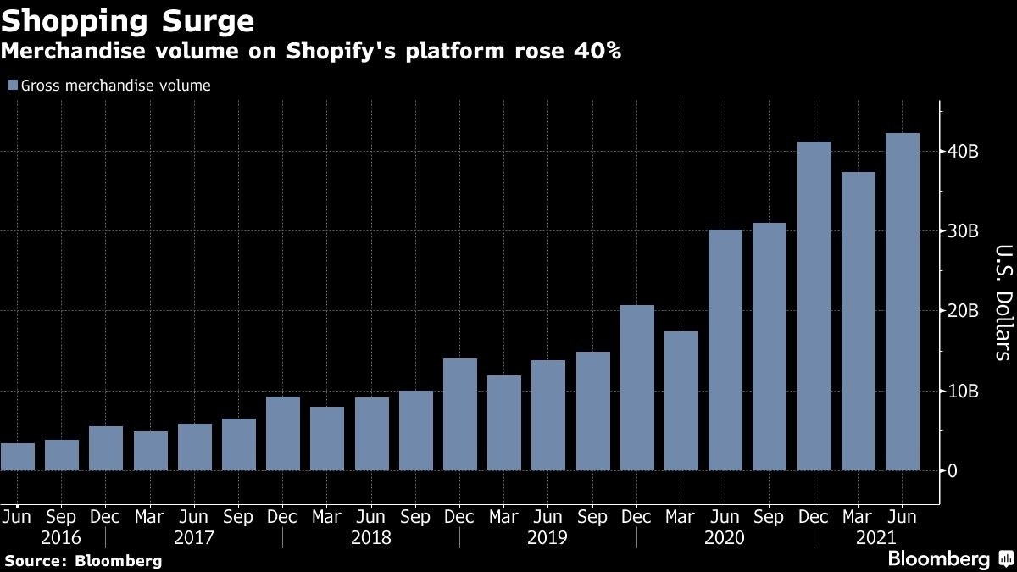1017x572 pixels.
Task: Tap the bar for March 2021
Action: (x=859, y=321)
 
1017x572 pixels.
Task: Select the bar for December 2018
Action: (x=460, y=414)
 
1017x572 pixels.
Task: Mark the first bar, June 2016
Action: (x=18, y=457)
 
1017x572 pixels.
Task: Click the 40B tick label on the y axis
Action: (x=964, y=153)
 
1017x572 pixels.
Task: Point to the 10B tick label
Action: (x=964, y=392)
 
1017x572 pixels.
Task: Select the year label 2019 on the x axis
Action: (x=547, y=538)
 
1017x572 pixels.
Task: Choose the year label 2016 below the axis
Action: (x=63, y=538)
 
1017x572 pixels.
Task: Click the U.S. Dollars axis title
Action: (x=1003, y=303)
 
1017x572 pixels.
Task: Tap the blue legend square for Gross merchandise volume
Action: (x=12, y=86)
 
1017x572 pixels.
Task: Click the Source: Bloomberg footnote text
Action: (x=82, y=560)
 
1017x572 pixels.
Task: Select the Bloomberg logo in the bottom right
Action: (x=949, y=558)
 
